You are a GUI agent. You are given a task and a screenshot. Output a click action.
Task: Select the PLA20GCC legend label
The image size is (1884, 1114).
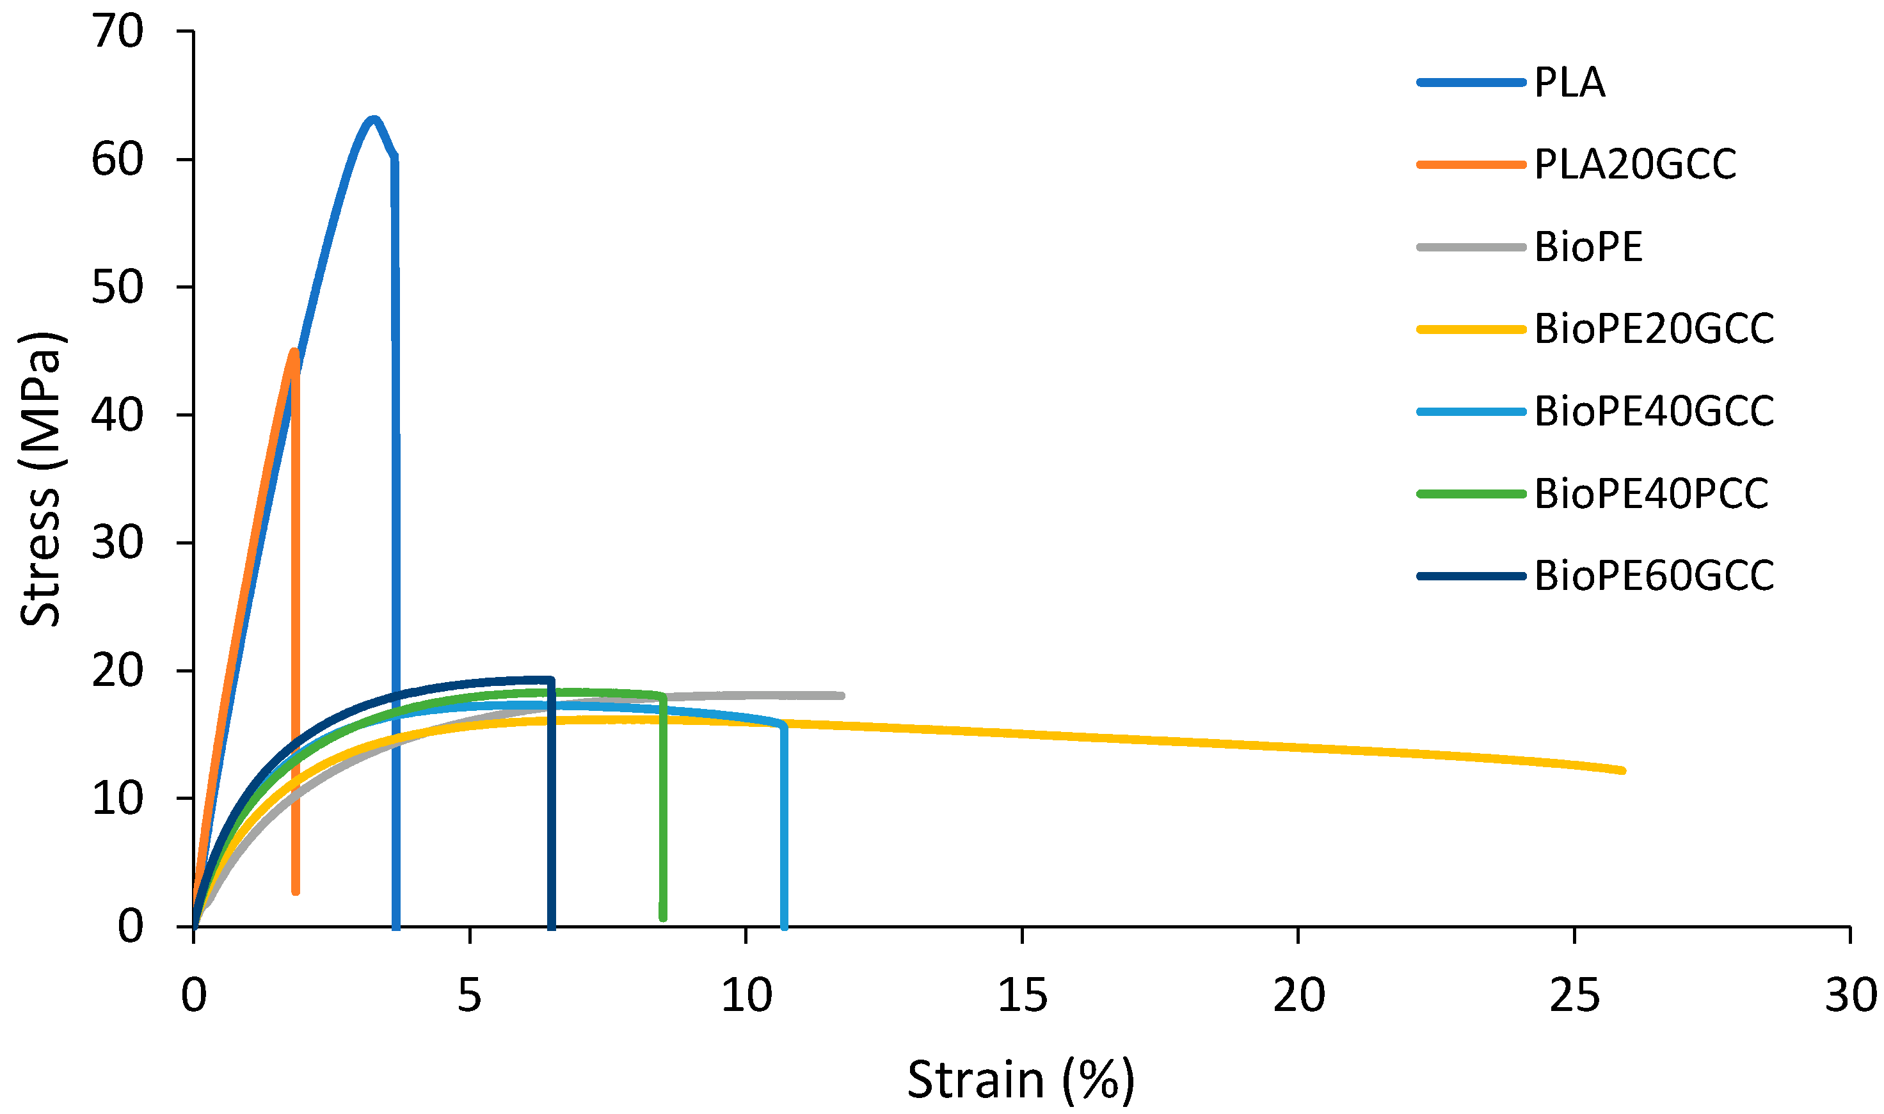coord(1635,164)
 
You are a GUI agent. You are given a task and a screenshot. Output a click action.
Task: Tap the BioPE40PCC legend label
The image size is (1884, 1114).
coord(1651,494)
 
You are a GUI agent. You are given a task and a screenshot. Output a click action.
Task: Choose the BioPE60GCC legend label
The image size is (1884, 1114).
coord(1654,577)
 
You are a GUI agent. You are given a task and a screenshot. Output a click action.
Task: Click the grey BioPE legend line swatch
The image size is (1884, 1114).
coord(1471,247)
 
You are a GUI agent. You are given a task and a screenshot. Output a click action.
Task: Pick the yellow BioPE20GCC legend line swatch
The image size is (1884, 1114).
coord(1471,330)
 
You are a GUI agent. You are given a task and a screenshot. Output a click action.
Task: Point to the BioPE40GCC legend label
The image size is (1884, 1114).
coord(1654,411)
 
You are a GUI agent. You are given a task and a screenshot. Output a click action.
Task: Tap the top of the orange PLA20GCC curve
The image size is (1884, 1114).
coord(294,351)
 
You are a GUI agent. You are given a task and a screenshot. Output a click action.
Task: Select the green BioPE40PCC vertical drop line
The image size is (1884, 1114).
coord(663,803)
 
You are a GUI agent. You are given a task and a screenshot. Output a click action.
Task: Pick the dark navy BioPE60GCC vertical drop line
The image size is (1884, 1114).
coord(552,803)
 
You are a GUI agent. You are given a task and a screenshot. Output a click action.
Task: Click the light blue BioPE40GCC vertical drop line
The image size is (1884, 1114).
coord(785,825)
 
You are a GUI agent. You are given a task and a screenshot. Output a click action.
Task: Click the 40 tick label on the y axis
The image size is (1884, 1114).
coord(117,415)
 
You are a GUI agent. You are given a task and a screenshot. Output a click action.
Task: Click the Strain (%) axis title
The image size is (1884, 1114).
coord(1021,1079)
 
